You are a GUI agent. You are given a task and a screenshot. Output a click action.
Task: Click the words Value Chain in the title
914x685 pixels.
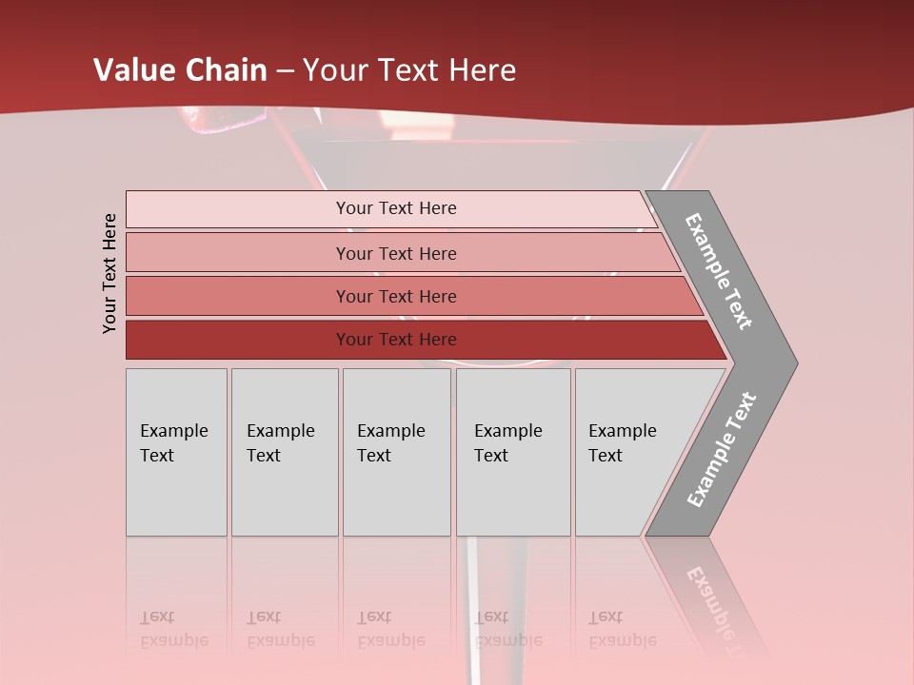click(x=180, y=70)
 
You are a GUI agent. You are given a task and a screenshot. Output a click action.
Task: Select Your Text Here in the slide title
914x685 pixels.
click(x=409, y=70)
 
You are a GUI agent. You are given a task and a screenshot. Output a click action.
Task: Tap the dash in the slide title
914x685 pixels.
click(x=286, y=71)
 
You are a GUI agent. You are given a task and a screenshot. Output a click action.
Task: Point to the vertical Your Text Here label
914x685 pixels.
click(x=109, y=273)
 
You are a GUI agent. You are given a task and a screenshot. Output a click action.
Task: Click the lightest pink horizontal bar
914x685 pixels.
click(x=395, y=208)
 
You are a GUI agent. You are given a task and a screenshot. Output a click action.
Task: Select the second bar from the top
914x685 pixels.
click(x=395, y=253)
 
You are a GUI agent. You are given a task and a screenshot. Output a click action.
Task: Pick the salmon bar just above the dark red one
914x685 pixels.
click(x=395, y=296)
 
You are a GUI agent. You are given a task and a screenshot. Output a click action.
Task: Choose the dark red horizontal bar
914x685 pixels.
click(x=395, y=340)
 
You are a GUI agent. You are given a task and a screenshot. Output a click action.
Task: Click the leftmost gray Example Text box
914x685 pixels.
click(x=176, y=452)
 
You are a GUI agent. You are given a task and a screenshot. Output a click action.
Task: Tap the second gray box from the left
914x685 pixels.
click(x=284, y=452)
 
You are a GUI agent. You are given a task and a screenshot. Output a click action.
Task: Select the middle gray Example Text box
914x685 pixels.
click(x=396, y=452)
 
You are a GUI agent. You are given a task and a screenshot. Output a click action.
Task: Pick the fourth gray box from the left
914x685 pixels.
click(x=512, y=452)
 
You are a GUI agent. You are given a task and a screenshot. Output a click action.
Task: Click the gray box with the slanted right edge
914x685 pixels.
click(x=628, y=452)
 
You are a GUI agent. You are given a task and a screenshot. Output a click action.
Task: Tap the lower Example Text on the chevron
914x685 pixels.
click(x=722, y=450)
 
